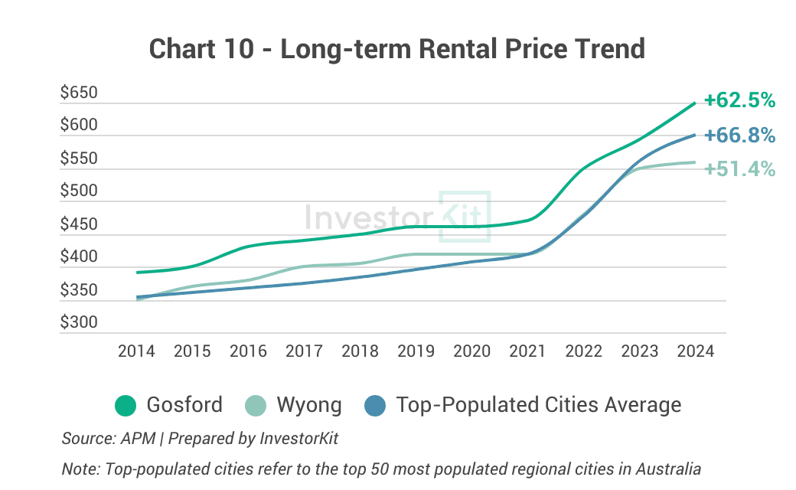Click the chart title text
(x=397, y=49)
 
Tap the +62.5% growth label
(x=740, y=100)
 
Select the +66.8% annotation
(x=740, y=136)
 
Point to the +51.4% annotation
(x=740, y=168)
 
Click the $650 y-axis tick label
(x=80, y=93)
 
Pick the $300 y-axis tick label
(x=80, y=322)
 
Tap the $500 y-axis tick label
(x=80, y=191)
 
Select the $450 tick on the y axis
(x=80, y=225)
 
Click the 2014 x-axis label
(x=136, y=351)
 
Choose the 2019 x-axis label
(x=416, y=351)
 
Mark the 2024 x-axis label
(x=696, y=351)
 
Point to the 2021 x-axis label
(x=528, y=351)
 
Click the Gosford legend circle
(x=126, y=405)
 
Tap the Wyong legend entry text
(x=309, y=404)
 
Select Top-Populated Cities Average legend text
(x=539, y=404)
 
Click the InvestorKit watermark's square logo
(x=464, y=217)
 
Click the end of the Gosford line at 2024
(x=694, y=103)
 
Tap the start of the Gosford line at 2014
(x=138, y=272)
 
